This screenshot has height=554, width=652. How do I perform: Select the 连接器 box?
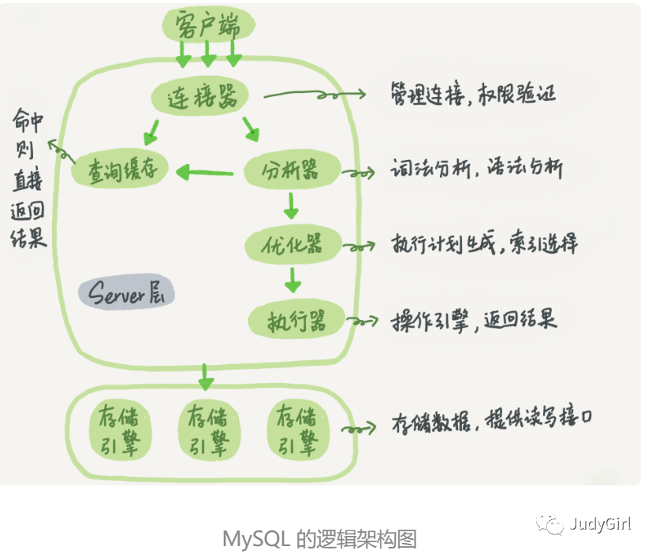(199, 98)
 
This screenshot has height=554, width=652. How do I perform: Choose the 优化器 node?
(293, 244)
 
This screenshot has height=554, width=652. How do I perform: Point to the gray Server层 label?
(126, 294)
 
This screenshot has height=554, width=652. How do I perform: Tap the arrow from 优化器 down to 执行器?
(293, 280)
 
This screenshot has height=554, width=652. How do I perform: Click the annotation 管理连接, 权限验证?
(474, 94)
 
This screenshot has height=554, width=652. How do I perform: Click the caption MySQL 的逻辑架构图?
(319, 539)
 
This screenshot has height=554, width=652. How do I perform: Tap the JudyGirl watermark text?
(600, 524)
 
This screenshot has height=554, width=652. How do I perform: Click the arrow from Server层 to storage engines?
(206, 376)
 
